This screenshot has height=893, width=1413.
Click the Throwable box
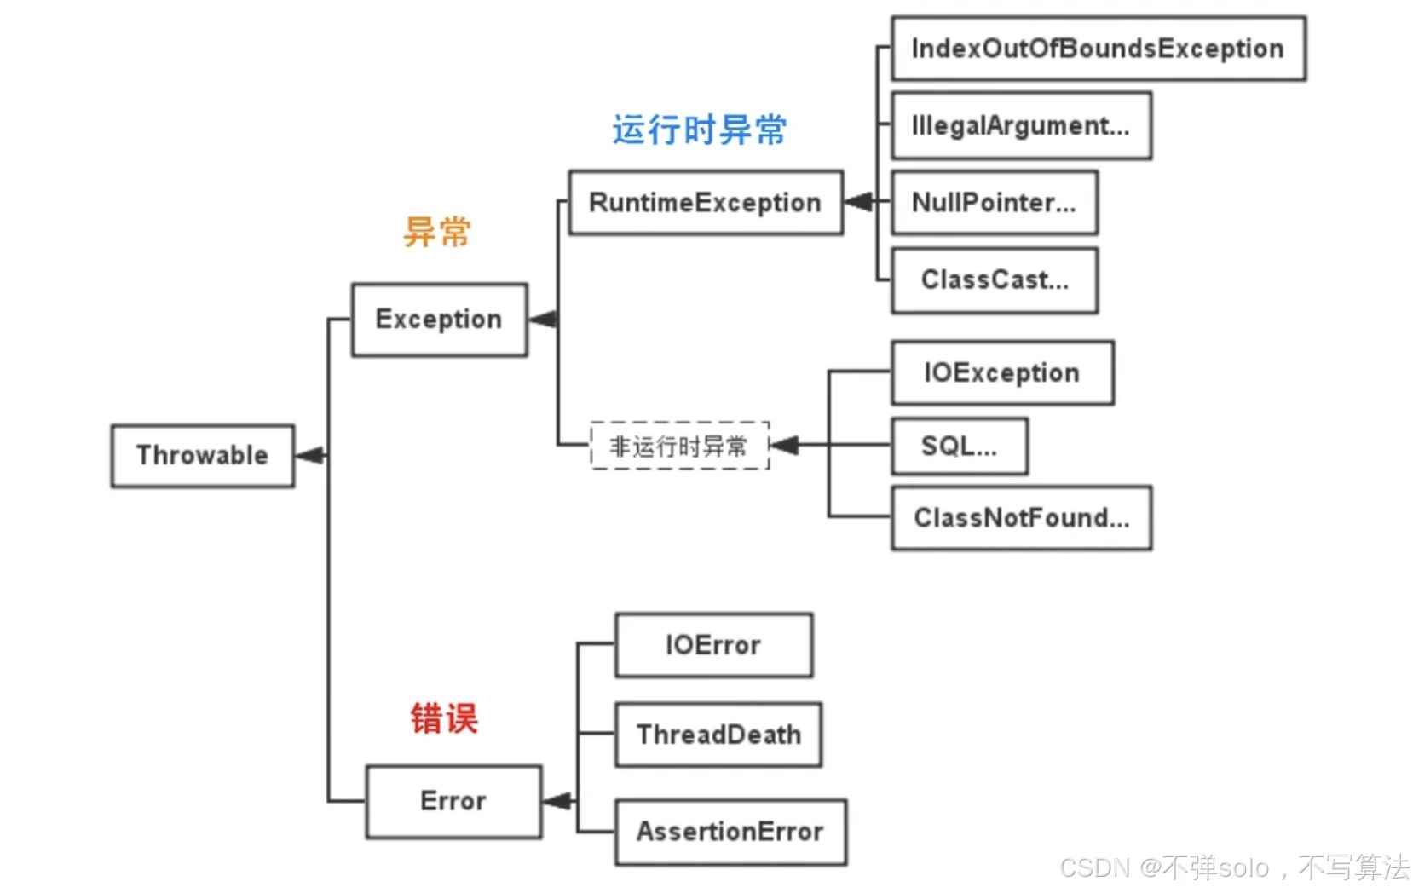tap(202, 456)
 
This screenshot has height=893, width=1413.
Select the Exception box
tap(439, 320)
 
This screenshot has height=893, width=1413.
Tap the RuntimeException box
tap(705, 203)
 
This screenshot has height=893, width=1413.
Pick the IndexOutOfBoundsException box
tap(1098, 49)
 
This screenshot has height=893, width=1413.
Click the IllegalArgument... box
tap(1021, 126)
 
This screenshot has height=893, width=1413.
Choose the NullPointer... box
tap(994, 203)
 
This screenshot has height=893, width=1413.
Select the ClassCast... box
tap(994, 280)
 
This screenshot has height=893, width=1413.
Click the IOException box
tap(1002, 373)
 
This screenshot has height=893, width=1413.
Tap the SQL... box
tap(959, 446)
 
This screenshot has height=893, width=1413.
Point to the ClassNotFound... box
tap(1021, 518)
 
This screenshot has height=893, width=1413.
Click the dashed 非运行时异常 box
tap(679, 446)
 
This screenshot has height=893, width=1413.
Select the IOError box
tap(713, 645)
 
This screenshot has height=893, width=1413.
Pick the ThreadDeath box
tap(718, 735)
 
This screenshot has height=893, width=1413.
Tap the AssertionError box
tap(730, 832)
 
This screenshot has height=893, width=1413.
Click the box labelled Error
tap(453, 801)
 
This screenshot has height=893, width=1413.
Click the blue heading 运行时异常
tap(699, 130)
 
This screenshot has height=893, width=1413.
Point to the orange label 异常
tap(437, 232)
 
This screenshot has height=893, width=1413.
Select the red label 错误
tap(444, 718)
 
